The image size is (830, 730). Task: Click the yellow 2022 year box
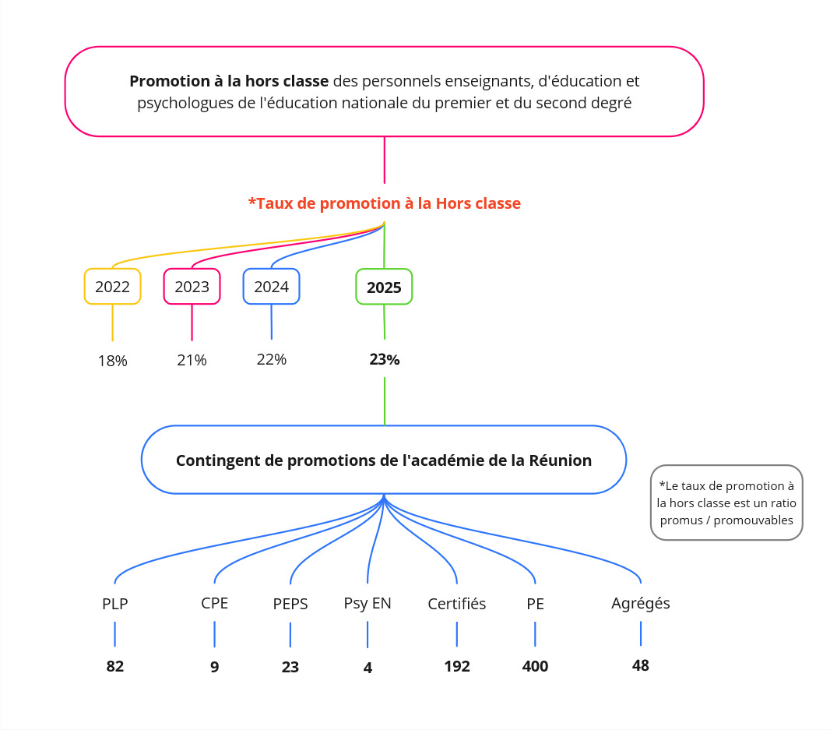[112, 287]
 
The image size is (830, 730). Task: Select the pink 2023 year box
[192, 287]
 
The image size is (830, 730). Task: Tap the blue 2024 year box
[271, 287]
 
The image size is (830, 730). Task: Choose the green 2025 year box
[384, 287]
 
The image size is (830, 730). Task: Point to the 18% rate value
[112, 361]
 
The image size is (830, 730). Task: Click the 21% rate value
[192, 360]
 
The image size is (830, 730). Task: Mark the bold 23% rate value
[385, 360]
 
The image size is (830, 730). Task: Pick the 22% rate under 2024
[272, 360]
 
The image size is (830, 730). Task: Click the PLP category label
[115, 604]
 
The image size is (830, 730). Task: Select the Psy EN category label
[368, 604]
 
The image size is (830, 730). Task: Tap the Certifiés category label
[457, 604]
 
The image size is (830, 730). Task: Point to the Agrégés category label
[641, 603]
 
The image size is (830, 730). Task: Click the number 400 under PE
[535, 666]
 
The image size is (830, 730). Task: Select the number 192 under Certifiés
[457, 666]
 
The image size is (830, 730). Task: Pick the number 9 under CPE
[214, 667]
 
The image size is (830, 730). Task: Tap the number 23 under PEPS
[290, 667]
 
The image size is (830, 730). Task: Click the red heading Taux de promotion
[385, 203]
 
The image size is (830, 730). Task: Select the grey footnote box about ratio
[726, 503]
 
